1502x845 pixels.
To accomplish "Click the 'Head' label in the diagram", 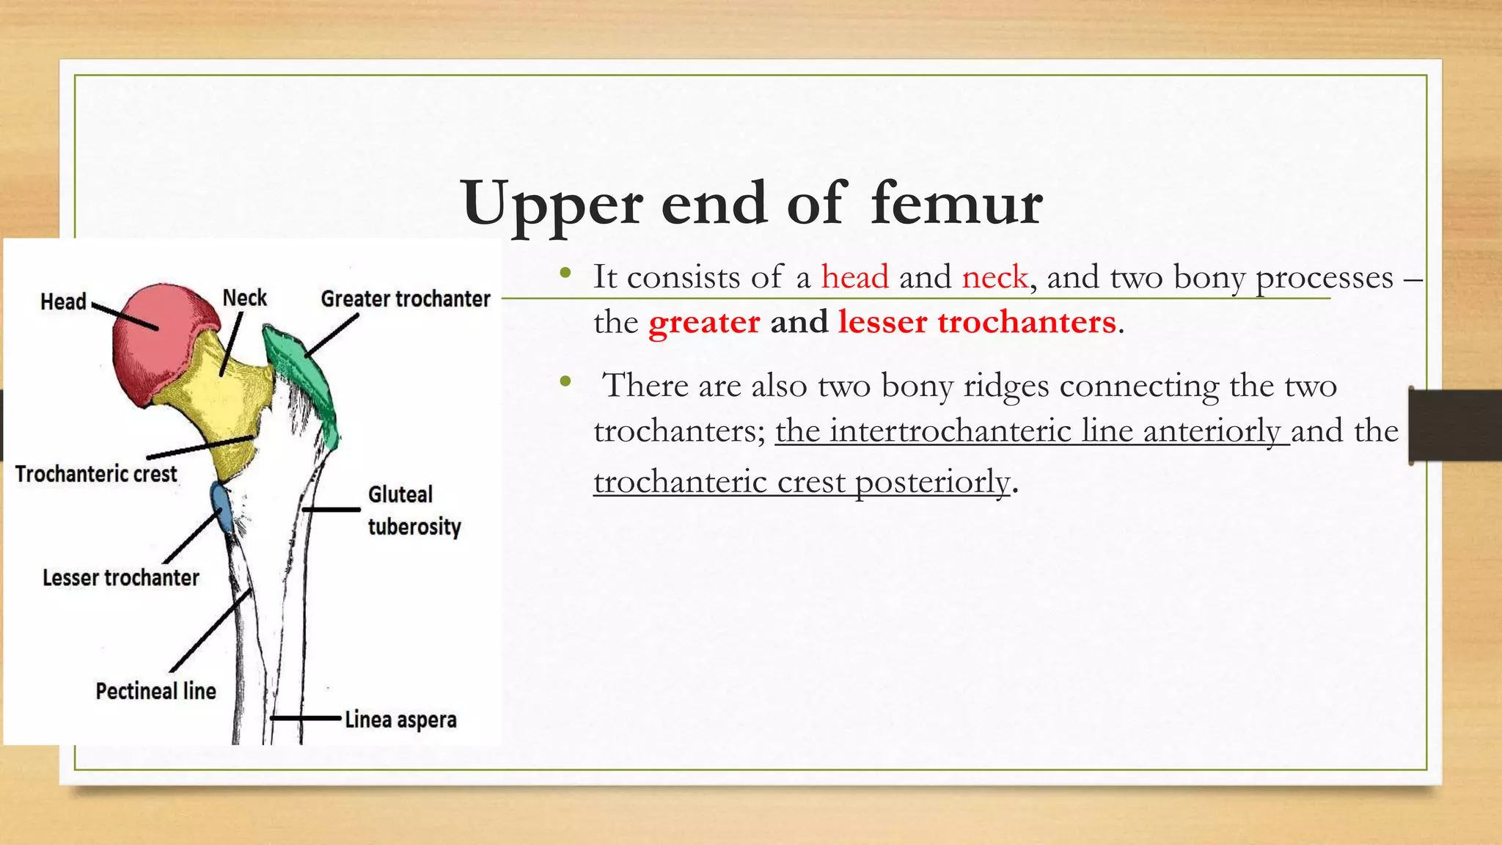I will (x=63, y=301).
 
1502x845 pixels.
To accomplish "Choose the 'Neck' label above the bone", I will (x=245, y=298).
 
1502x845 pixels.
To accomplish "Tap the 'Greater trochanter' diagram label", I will (x=405, y=299).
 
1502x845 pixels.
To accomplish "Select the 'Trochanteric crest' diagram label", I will (x=96, y=474).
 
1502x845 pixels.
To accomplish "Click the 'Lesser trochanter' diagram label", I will (x=121, y=578).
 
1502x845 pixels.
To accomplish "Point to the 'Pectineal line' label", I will (x=155, y=691).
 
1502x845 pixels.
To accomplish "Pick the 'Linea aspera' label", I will (x=400, y=720).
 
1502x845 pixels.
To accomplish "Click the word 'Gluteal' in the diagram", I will (x=400, y=494).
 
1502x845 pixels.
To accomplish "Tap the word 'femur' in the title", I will (x=956, y=203).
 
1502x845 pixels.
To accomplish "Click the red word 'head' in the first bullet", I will (x=854, y=277).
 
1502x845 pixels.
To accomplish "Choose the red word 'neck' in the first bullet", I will (x=995, y=277).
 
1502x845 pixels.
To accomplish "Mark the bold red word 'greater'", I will (x=704, y=322).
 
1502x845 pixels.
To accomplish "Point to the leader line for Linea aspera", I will (x=307, y=718).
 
